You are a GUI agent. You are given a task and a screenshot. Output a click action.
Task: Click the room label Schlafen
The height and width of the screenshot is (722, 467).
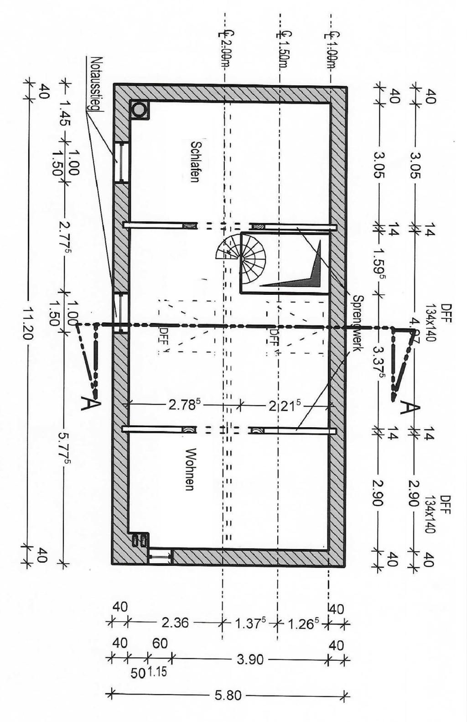pyautogui.click(x=195, y=162)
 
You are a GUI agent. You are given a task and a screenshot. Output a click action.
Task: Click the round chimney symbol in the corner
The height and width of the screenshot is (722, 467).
pyautogui.click(x=139, y=110)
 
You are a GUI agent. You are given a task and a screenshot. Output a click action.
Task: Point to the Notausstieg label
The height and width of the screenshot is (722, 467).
pyautogui.click(x=97, y=84)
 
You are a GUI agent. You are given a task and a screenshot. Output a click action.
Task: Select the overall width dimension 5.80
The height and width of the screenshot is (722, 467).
pyautogui.click(x=228, y=696)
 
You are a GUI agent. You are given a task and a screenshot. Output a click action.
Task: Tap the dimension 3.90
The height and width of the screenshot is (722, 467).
pyautogui.click(x=250, y=659)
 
